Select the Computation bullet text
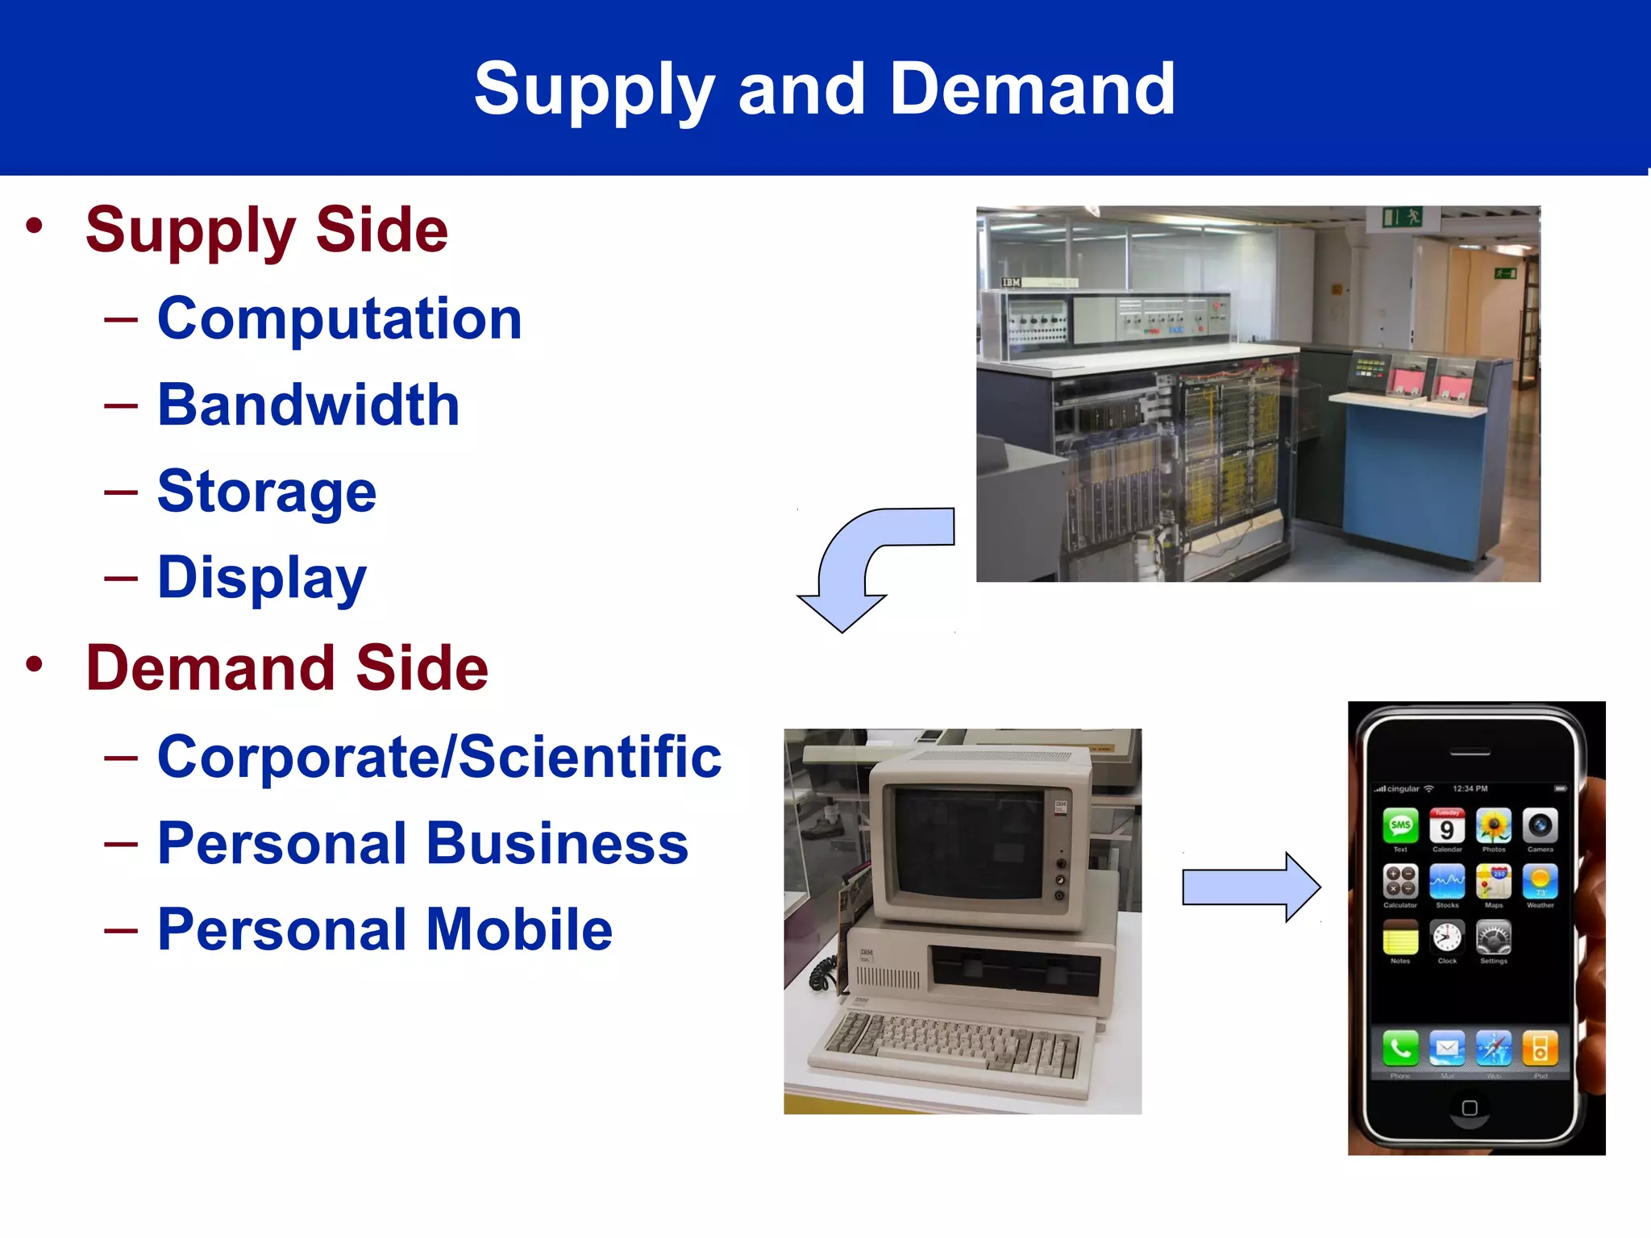click(339, 319)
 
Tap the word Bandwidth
click(308, 405)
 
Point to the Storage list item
click(266, 492)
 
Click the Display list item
click(261, 578)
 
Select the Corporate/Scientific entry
click(439, 758)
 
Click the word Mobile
click(519, 930)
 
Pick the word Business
click(556, 844)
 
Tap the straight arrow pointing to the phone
click(1250, 887)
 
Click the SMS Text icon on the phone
click(1400, 825)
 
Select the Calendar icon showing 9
click(1447, 826)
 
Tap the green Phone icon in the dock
click(1400, 1049)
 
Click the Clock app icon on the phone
click(1447, 937)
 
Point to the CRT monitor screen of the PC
click(967, 842)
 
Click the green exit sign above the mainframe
click(1402, 217)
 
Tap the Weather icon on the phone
click(1540, 882)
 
